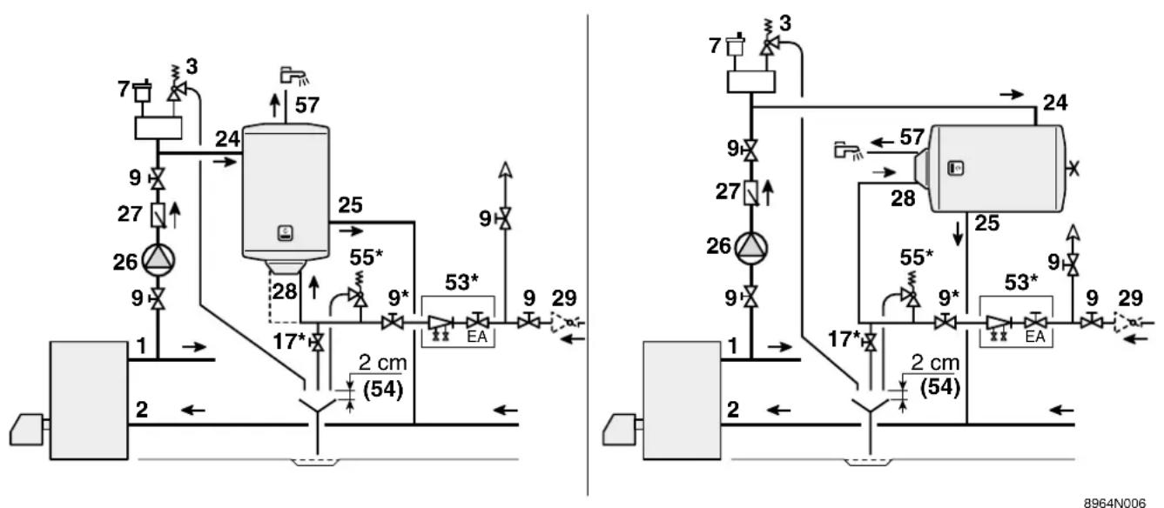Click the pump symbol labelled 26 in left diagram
click(158, 260)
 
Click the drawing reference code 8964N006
click(1114, 502)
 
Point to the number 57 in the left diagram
click(306, 105)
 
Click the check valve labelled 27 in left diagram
click(158, 215)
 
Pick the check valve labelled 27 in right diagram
click(751, 192)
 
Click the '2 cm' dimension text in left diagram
click(382, 363)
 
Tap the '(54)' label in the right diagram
click(939, 387)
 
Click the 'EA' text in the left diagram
click(476, 337)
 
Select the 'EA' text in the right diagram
click(1034, 337)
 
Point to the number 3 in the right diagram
click(785, 23)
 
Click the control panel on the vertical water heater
click(286, 233)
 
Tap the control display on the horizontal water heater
click(956, 168)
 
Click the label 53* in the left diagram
click(461, 283)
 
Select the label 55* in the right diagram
click(917, 257)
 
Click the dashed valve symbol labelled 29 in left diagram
click(567, 323)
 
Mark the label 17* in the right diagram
click(844, 339)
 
